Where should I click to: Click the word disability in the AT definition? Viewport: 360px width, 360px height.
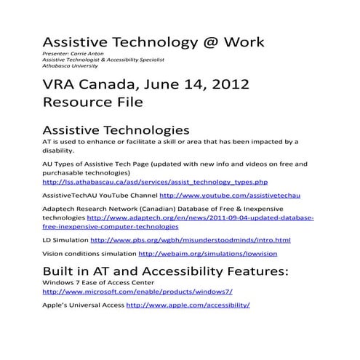click(58, 151)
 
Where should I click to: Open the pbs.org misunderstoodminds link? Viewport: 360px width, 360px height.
click(194, 240)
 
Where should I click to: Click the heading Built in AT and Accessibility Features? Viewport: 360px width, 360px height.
click(166, 271)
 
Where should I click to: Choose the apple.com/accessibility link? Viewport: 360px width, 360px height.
click(188, 305)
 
